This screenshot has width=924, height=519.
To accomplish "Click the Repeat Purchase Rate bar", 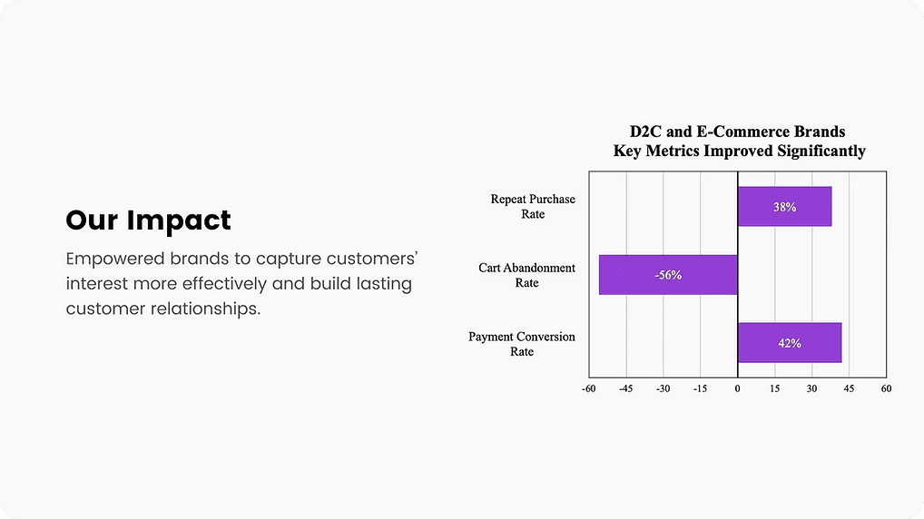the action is pos(784,206).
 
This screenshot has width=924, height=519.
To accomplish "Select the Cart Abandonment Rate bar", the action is pos(668,275).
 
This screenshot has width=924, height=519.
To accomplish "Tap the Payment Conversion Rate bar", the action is pos(790,343).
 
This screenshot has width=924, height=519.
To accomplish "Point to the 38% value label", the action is pos(784,207).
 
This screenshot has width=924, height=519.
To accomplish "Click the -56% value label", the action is pos(668,275).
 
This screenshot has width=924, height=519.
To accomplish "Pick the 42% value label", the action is pos(790,343).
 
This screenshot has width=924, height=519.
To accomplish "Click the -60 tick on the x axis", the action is pos(589,389).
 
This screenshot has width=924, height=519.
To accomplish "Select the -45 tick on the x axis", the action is pos(625,389).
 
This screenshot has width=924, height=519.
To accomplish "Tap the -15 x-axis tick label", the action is pos(700,389).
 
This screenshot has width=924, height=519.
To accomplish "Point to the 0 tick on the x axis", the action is pos(737,389).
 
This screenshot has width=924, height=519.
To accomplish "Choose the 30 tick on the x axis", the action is pos(812,389).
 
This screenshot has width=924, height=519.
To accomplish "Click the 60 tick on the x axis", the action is pos(886,389).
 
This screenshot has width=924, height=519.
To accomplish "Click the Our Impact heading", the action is pos(149,220).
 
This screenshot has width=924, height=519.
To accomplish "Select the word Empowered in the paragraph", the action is pos(115,259).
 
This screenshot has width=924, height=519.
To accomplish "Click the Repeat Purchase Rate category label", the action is pos(533,207).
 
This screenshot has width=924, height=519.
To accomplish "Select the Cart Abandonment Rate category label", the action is pos(526,275).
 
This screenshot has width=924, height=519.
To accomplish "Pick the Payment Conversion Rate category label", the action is pos(522,344).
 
